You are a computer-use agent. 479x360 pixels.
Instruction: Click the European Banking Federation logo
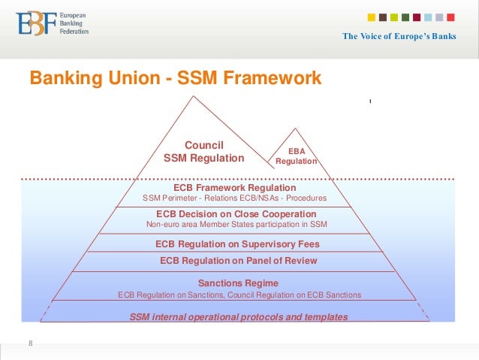53,25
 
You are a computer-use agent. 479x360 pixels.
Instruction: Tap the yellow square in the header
372,17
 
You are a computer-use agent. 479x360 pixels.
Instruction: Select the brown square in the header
383,17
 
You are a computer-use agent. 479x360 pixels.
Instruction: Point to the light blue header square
427,17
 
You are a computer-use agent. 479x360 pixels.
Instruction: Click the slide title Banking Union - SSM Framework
175,78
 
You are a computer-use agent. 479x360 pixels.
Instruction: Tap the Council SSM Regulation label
203,152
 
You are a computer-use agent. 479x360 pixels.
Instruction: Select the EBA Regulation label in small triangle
297,156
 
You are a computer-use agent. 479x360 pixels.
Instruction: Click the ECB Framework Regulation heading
234,187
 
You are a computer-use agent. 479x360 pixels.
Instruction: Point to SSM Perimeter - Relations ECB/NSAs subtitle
234,198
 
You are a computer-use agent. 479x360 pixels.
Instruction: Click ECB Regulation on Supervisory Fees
237,244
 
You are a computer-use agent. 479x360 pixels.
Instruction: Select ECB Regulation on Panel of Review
238,261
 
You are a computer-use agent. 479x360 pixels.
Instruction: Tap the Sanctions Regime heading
238,283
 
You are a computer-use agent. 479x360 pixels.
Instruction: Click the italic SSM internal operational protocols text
239,317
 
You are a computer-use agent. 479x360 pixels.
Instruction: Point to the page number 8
31,343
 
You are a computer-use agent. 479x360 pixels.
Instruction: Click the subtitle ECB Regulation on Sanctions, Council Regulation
239,295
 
